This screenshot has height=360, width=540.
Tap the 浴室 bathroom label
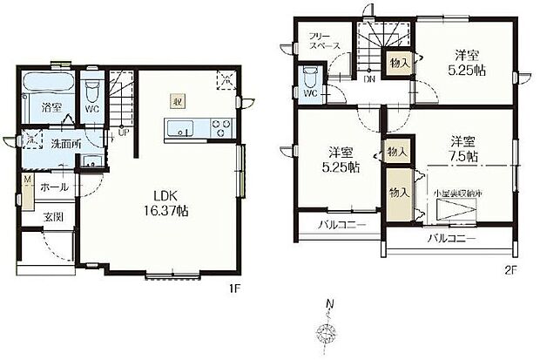pos(51,108)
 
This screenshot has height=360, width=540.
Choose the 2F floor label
pos(512,270)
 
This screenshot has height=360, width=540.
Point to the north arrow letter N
pos(329,304)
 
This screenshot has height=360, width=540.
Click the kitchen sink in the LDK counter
pos(182,131)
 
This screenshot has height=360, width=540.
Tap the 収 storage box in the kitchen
pos(177,99)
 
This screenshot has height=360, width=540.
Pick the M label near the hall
pos(27,181)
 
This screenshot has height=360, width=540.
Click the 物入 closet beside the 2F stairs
pos(395,63)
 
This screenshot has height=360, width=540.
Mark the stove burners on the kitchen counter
pos(219,131)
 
